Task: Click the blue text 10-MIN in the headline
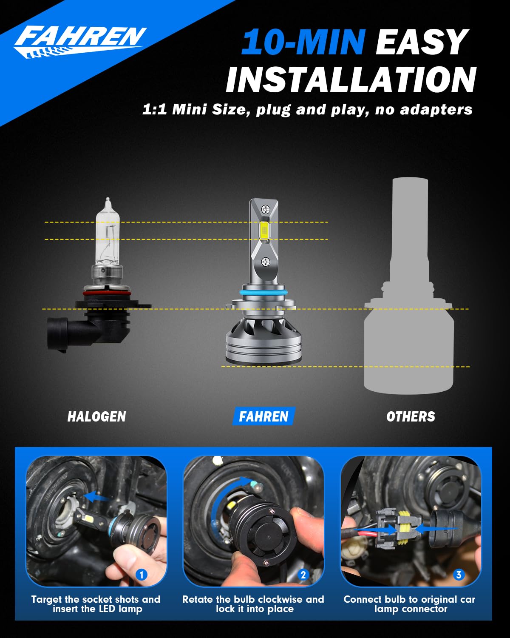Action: (x=303, y=43)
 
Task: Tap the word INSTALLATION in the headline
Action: (x=351, y=80)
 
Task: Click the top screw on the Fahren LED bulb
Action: (x=265, y=209)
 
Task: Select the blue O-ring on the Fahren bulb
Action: (x=263, y=293)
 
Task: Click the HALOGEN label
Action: (x=96, y=416)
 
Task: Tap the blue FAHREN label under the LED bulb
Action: (x=263, y=416)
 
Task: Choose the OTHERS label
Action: (x=411, y=416)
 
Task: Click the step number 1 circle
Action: (x=142, y=575)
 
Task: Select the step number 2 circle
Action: (x=303, y=575)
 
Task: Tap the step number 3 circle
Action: (x=459, y=575)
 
